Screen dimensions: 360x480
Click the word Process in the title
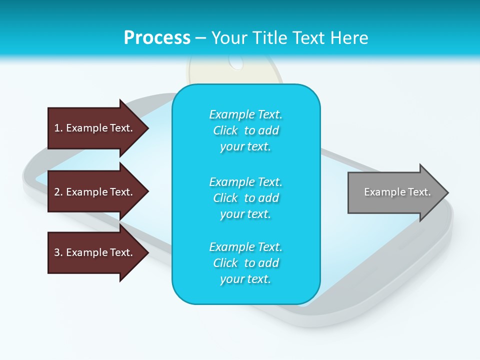[157, 37]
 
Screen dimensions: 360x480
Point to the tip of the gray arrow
[447, 192]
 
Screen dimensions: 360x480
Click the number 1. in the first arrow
[58, 128]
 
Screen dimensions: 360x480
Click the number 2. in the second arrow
[58, 192]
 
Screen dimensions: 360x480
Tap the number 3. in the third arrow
[58, 252]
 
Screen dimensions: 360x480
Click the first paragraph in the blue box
[245, 130]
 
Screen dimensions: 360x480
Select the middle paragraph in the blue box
[245, 197]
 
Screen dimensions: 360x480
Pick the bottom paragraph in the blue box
[245, 263]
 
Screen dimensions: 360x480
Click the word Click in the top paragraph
[225, 130]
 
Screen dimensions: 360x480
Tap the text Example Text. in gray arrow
[397, 192]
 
